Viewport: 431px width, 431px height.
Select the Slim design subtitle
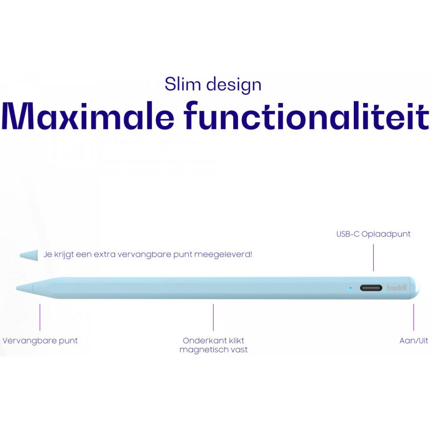pyautogui.click(x=213, y=84)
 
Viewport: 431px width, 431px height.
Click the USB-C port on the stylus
pyautogui.click(x=371, y=288)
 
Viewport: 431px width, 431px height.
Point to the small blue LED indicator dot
pyautogui.click(x=350, y=287)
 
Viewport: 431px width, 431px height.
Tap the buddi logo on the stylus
pyautogui.click(x=397, y=287)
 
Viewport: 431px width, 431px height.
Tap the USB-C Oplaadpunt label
pyautogui.click(x=373, y=234)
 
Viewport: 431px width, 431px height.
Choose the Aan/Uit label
pyautogui.click(x=414, y=340)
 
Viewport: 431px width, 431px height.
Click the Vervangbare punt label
pyautogui.click(x=40, y=340)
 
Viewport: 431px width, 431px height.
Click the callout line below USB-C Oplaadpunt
pyautogui.click(x=373, y=257)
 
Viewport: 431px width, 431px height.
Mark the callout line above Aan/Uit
pyautogui.click(x=414, y=317)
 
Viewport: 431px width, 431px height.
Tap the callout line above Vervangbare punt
pyautogui.click(x=40, y=317)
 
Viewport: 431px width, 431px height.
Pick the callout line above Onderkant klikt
pyautogui.click(x=213, y=317)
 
